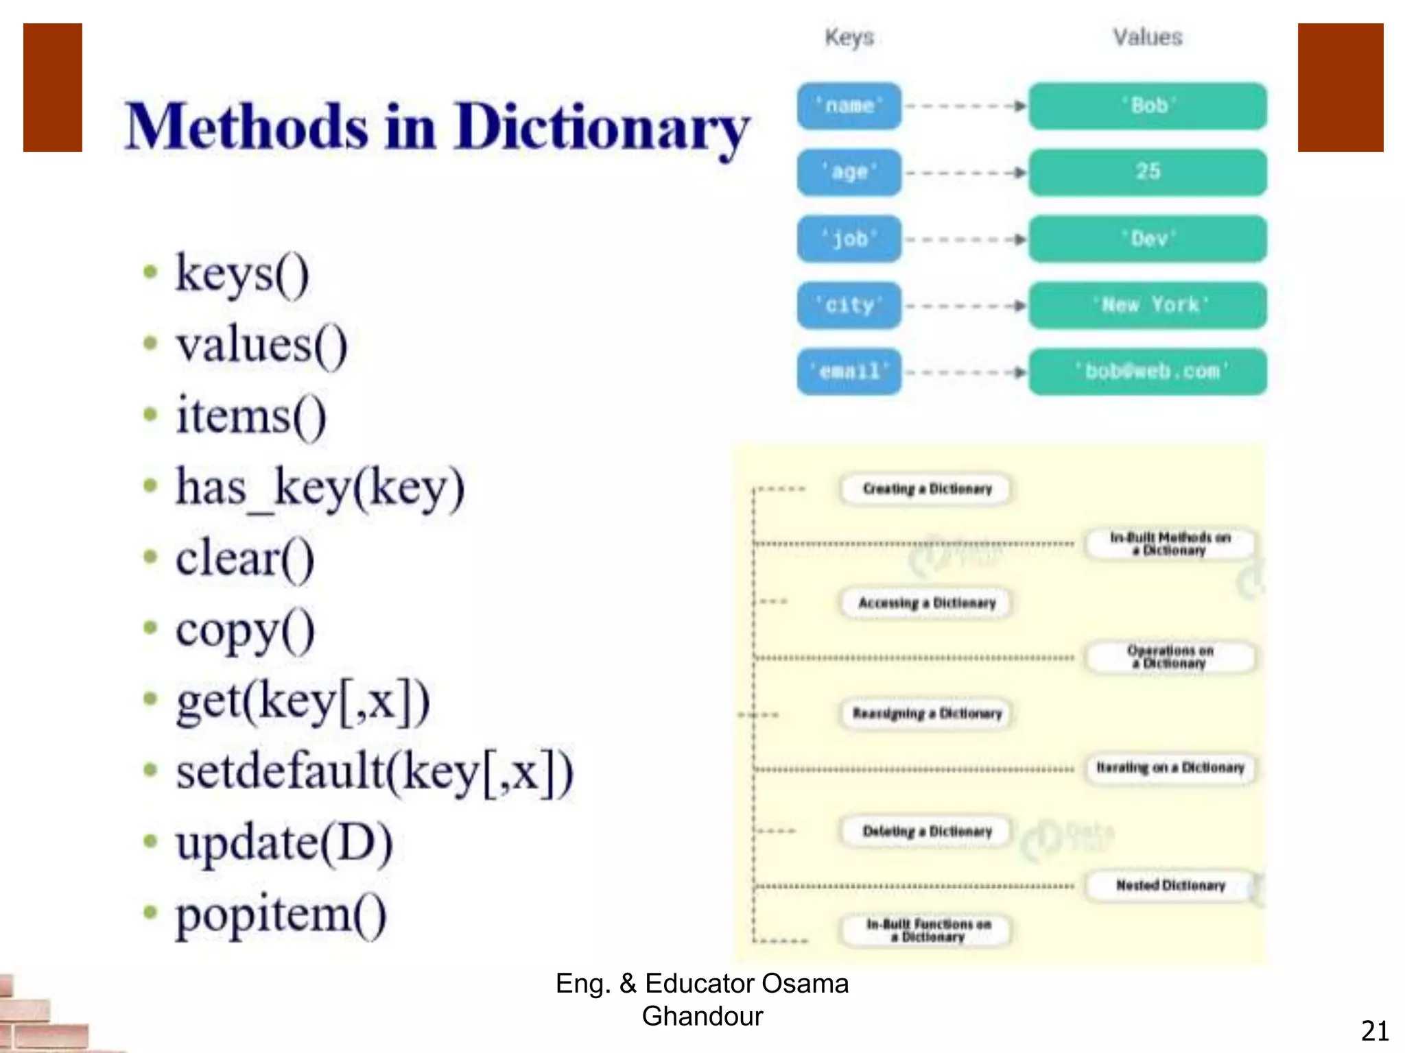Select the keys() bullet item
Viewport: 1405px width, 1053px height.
[242, 274]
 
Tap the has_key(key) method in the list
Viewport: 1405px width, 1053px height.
[320, 487]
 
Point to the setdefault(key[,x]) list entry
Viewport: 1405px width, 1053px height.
[374, 772]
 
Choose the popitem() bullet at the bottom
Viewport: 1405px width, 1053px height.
[281, 915]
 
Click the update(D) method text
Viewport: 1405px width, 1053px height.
[284, 843]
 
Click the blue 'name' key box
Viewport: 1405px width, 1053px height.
[849, 106]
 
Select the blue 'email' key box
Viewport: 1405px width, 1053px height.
[849, 372]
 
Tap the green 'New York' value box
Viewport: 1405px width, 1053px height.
[1148, 305]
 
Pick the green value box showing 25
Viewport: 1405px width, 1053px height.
[1148, 172]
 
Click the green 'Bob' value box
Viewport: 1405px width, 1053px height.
[1148, 106]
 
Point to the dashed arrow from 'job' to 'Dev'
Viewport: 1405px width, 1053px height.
[965, 239]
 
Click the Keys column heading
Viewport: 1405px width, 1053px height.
[849, 37]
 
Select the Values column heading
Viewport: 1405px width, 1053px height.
[1148, 37]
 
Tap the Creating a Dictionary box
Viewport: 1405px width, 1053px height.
[927, 489]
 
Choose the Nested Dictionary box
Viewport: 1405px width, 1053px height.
[1170, 885]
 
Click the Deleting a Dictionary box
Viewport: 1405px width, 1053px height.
[927, 832]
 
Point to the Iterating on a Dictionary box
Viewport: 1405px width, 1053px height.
[1170, 768]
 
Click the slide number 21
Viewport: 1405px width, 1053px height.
[1375, 1031]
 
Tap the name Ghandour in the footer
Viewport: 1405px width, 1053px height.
[702, 1016]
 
